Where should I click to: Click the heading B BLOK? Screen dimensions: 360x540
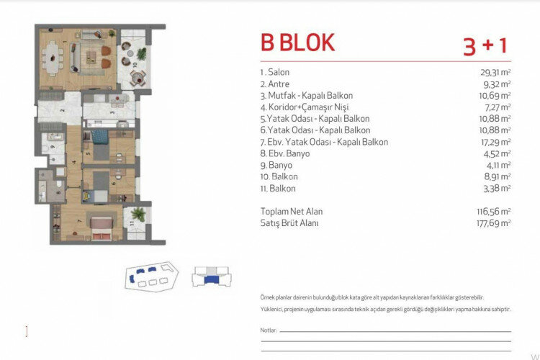(x=297, y=42)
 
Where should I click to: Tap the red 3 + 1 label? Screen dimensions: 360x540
(x=485, y=45)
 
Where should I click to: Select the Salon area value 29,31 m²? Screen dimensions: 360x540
(x=495, y=73)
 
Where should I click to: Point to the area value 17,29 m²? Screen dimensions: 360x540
(x=495, y=142)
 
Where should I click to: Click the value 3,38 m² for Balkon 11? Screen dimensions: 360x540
(x=496, y=188)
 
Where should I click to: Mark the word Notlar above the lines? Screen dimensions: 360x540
(x=268, y=330)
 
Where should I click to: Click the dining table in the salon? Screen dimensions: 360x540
(x=55, y=56)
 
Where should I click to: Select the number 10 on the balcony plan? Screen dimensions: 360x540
(x=134, y=64)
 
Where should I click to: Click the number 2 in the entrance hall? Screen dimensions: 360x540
(x=63, y=111)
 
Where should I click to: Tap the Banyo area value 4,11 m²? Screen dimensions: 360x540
(x=496, y=165)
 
